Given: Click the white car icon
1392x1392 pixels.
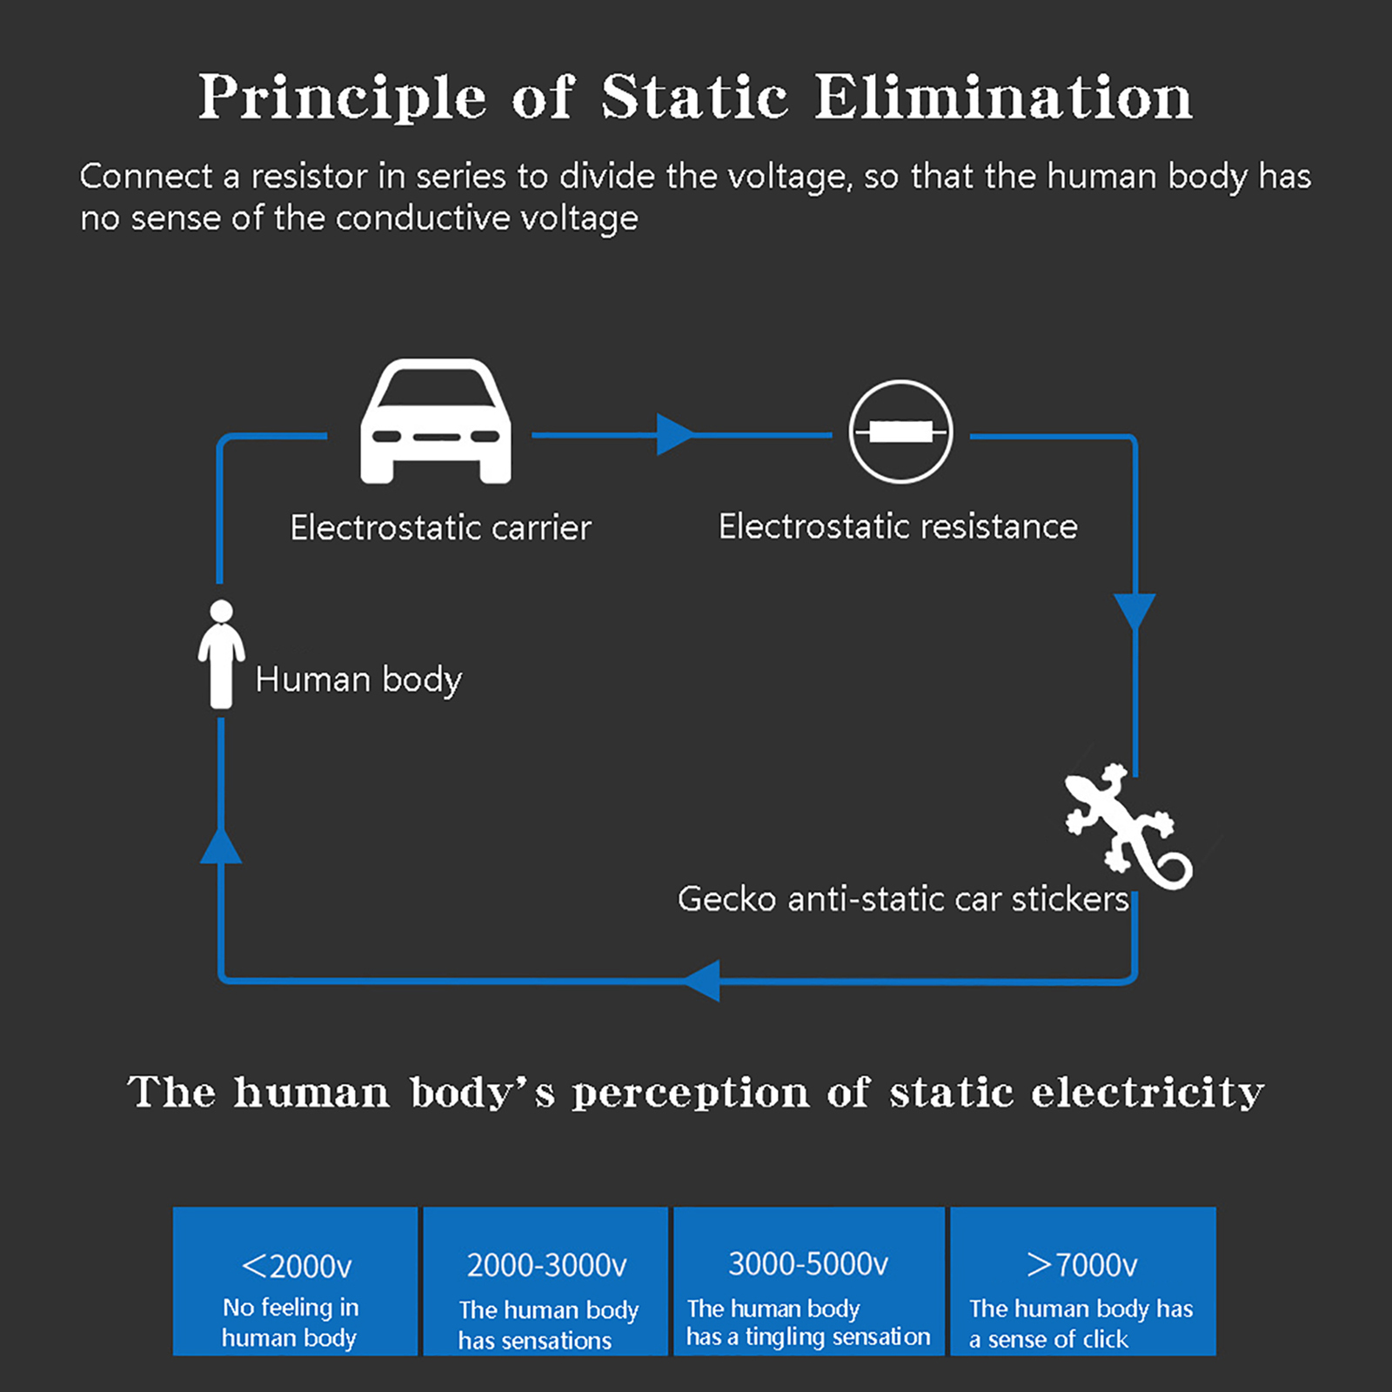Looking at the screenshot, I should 436,422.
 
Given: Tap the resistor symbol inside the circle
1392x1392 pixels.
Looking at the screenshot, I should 900,432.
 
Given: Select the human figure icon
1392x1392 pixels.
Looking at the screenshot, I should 221,654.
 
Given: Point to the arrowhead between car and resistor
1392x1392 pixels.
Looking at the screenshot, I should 675,434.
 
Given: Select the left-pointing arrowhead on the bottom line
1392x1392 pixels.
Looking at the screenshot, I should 703,980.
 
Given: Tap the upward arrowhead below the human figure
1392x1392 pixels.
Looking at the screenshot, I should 221,846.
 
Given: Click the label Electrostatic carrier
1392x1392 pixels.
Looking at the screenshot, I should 440,527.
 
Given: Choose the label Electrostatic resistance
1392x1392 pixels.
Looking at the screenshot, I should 898,526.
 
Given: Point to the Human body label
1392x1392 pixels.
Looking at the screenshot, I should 358,679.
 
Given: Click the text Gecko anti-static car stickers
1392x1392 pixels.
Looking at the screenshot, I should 903,899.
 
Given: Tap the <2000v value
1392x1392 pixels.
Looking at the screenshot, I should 297,1266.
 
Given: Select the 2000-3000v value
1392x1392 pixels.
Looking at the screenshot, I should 546,1265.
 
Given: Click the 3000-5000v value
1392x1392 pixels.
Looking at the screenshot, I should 808,1263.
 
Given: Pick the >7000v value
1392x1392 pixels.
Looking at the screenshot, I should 1081,1264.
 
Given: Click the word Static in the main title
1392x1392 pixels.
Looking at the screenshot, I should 694,97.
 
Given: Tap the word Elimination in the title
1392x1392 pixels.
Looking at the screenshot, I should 1003,97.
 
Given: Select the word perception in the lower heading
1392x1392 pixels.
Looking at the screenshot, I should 690,1093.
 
